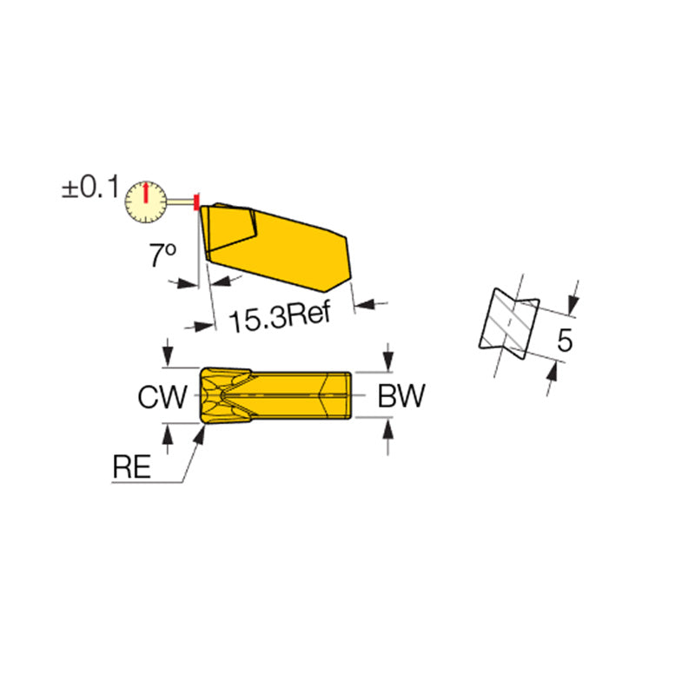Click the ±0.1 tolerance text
click(x=89, y=189)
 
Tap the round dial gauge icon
click(x=147, y=202)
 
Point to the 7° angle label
click(x=162, y=255)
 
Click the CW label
click(x=162, y=398)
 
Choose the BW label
click(x=400, y=398)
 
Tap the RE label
click(x=131, y=467)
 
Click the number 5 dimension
click(x=565, y=341)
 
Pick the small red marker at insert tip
click(x=197, y=202)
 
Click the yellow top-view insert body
click(x=276, y=396)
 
